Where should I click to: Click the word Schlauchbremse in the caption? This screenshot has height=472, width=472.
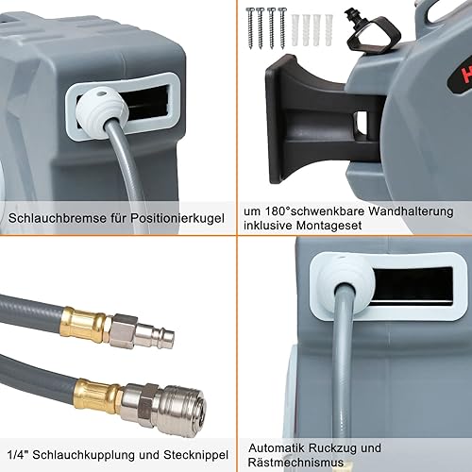[58, 218]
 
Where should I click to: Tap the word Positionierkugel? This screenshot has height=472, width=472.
[177, 218]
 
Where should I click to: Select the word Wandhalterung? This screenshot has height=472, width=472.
[411, 211]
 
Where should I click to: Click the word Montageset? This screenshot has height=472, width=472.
[329, 226]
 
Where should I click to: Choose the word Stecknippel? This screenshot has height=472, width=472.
[196, 455]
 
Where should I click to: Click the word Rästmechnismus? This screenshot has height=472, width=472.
[295, 463]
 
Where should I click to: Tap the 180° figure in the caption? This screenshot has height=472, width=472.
[278, 211]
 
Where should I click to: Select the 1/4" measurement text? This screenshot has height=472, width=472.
[18, 454]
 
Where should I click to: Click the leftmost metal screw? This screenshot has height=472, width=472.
[251, 27]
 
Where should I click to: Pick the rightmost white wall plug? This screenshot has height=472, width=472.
[329, 29]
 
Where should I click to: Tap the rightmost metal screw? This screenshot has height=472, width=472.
[282, 27]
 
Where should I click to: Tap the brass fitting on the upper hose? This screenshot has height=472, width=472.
[84, 324]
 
